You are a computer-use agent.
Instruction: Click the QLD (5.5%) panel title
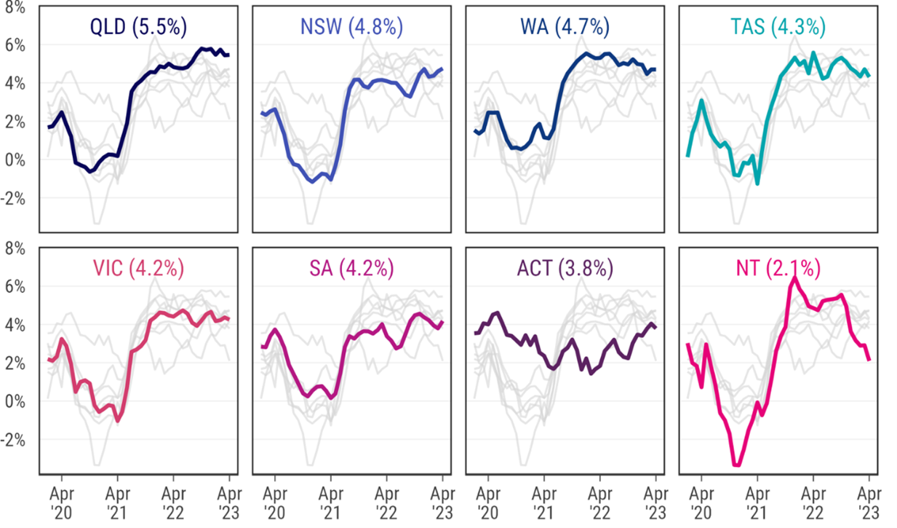click(138, 27)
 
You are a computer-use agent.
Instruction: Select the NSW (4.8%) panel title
click(351, 27)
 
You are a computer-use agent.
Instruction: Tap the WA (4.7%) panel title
click(565, 27)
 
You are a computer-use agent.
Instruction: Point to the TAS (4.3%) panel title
click(778, 27)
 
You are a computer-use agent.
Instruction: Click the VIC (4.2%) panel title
click(138, 268)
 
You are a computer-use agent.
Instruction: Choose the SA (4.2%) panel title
click(351, 268)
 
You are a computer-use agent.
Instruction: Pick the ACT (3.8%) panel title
click(565, 268)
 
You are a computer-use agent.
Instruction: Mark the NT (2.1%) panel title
click(778, 268)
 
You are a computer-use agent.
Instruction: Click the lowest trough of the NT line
click(737, 465)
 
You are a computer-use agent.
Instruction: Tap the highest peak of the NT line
click(794, 277)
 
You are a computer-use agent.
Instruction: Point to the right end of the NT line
click(869, 359)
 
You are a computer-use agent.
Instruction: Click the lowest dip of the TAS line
click(757, 183)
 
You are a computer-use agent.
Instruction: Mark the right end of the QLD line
click(228, 55)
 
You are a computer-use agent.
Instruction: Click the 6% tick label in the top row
click(17, 45)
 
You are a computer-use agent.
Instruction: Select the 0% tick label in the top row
click(17, 159)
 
